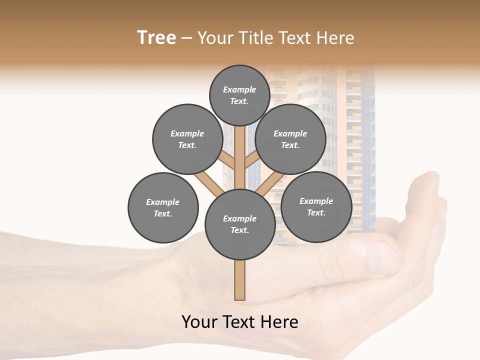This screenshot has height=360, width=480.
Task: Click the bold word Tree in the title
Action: (x=156, y=38)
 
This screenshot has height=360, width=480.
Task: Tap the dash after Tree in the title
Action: (x=186, y=38)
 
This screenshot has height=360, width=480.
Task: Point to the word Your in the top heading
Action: (x=214, y=38)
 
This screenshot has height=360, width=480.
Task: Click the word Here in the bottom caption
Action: (x=278, y=321)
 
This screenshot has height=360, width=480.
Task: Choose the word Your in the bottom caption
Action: (x=200, y=321)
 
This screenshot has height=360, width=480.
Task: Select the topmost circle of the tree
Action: (x=239, y=95)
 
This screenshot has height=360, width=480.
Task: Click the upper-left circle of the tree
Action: (x=187, y=139)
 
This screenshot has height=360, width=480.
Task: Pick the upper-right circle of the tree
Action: (x=290, y=139)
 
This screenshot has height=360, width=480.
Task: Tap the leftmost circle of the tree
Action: (x=163, y=207)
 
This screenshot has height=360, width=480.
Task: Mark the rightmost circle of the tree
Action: (x=316, y=206)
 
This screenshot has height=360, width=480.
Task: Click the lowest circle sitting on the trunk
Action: (x=239, y=224)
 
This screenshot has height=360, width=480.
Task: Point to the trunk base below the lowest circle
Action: (x=239, y=280)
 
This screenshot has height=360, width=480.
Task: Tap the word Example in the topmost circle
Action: (x=239, y=89)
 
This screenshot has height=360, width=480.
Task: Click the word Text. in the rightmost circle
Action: (x=316, y=212)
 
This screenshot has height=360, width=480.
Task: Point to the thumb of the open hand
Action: (x=380, y=250)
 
